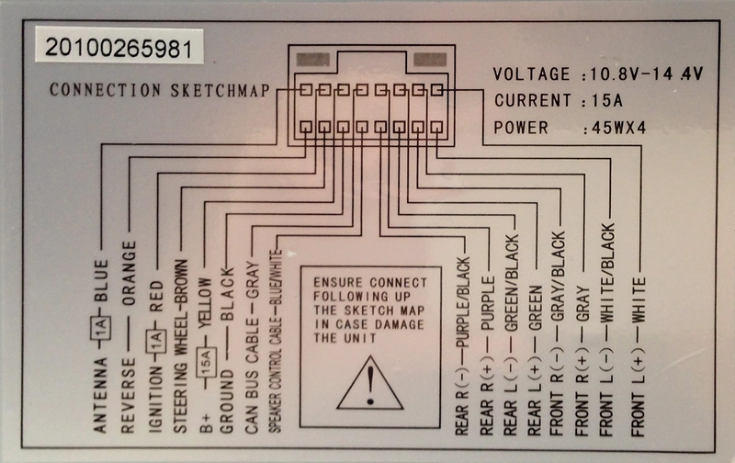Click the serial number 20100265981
pyautogui.click(x=119, y=48)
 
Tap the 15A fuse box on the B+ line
pyautogui.click(x=206, y=362)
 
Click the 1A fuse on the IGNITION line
pyautogui.click(x=155, y=340)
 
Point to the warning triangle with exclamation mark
pyautogui.click(x=370, y=383)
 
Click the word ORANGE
pyautogui.click(x=129, y=273)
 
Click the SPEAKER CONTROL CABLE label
pyautogui.click(x=275, y=370)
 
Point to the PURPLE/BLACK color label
pyautogui.click(x=463, y=302)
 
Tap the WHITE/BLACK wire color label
pyautogui.click(x=607, y=273)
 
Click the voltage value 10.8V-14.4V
pyautogui.click(x=647, y=74)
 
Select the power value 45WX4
pyautogui.click(x=618, y=128)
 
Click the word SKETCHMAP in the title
pyautogui.click(x=220, y=90)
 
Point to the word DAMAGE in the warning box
pyautogui.click(x=400, y=324)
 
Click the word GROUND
pyautogui.click(x=226, y=401)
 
